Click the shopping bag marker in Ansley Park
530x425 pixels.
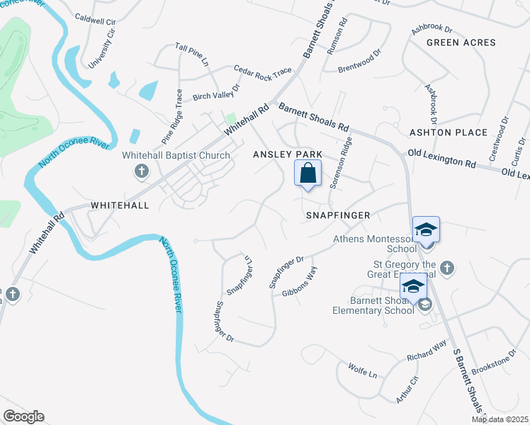click(308, 173)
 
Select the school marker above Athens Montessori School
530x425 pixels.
click(426, 230)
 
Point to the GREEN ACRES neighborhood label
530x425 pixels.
click(461, 43)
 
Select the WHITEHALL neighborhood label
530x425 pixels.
click(120, 205)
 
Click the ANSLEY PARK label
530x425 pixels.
click(288, 154)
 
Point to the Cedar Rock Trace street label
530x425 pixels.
click(262, 70)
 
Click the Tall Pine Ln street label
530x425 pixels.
click(192, 55)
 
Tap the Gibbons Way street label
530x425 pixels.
click(300, 281)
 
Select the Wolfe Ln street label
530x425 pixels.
click(363, 370)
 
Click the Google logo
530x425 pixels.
click(23, 416)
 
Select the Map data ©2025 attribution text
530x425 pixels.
click(500, 419)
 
